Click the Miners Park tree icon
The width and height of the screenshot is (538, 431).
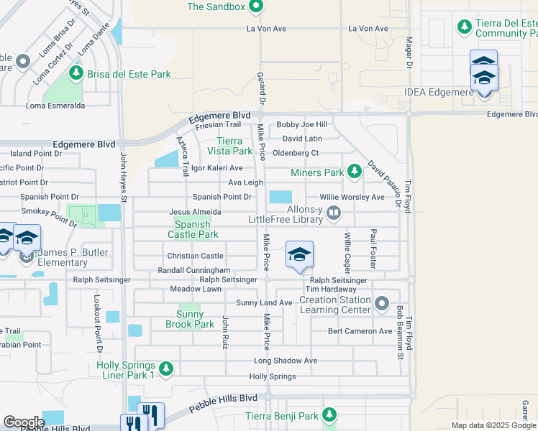pyautogui.click(x=354, y=172)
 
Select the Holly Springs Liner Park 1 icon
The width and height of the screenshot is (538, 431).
pyautogui.click(x=166, y=369)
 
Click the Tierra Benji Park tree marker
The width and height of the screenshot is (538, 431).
pyautogui.click(x=329, y=414)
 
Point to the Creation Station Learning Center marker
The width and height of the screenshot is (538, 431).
pyautogui.click(x=381, y=304)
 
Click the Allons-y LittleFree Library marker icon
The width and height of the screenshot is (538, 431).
pyautogui.click(x=333, y=213)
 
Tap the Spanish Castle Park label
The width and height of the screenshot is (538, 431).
pyautogui.click(x=193, y=229)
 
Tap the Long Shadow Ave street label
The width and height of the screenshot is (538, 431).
pyautogui.click(x=285, y=361)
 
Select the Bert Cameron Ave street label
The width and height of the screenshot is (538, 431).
pyautogui.click(x=360, y=331)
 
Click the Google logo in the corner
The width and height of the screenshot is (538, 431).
pyautogui.click(x=24, y=422)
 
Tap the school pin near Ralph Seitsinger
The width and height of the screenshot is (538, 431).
pyautogui.click(x=299, y=256)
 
